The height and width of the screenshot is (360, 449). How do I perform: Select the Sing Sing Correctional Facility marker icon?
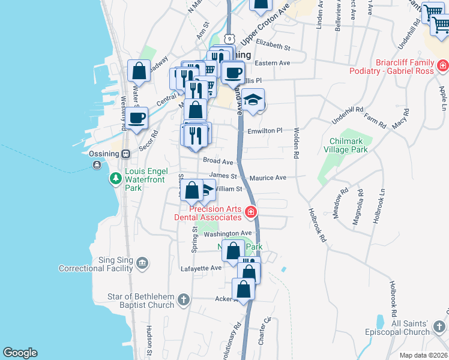point(143,262)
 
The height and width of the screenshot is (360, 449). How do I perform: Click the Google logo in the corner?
point(20,353)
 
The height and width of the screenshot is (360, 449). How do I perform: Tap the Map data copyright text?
point(423,355)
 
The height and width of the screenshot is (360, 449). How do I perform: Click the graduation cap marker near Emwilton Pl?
point(253,100)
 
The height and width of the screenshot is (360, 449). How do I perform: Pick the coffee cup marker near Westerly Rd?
point(137,119)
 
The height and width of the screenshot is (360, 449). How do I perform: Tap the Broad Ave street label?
point(218,161)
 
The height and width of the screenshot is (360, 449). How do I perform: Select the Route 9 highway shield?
point(230,37)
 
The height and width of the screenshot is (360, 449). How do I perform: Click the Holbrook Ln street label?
point(378,208)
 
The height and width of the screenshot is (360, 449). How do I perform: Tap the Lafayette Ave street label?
point(202,268)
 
